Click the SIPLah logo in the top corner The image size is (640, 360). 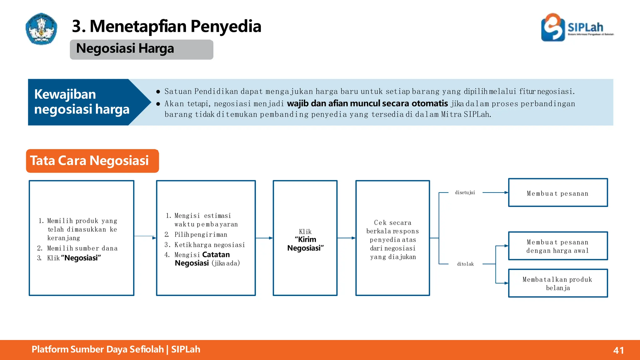pyautogui.click(x=577, y=27)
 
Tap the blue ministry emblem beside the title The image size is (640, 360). pyautogui.click(x=41, y=29)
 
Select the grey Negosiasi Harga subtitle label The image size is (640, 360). pyautogui.click(x=141, y=49)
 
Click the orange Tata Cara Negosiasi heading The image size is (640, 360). pyautogui.click(x=92, y=161)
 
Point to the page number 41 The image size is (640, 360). pyautogui.click(x=618, y=350)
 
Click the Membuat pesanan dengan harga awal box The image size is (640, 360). pyautogui.click(x=558, y=246)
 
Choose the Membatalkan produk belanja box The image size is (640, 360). pyautogui.click(x=558, y=283)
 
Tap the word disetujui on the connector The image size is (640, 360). pyautogui.click(x=465, y=192)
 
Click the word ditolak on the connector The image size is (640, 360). pyautogui.click(x=465, y=264)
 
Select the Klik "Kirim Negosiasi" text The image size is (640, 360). pyautogui.click(x=305, y=240)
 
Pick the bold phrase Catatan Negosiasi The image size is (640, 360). pyautogui.click(x=202, y=259)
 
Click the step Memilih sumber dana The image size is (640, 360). pyautogui.click(x=82, y=248)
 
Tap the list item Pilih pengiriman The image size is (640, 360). pyautogui.click(x=201, y=235)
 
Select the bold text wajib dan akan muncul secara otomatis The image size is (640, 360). pyautogui.click(x=367, y=103)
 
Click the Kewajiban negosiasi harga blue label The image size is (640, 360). pyautogui.click(x=82, y=102)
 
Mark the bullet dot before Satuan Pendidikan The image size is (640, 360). pyautogui.click(x=158, y=92)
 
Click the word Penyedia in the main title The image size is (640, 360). pyautogui.click(x=226, y=26)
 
